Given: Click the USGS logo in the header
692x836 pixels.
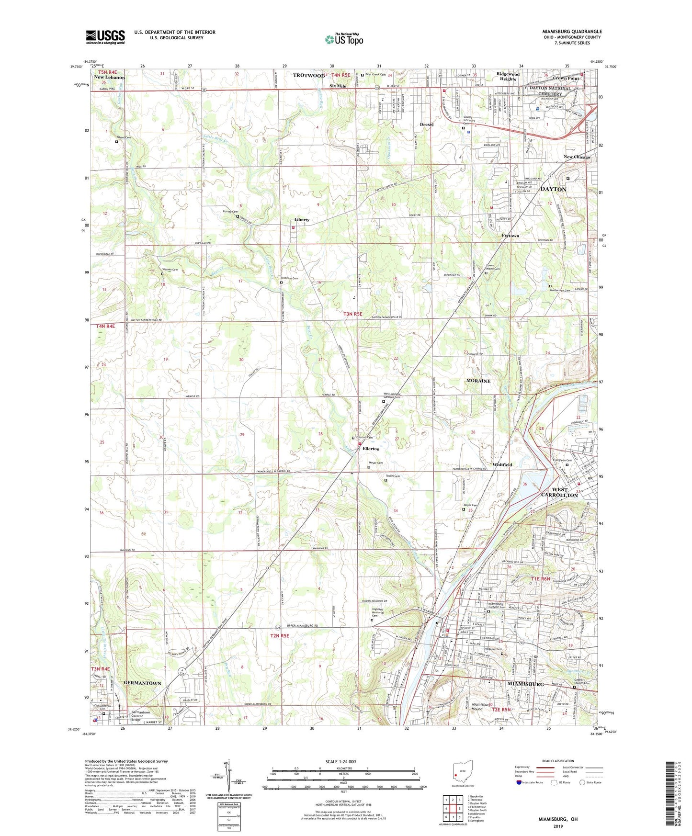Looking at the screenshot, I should [105, 36].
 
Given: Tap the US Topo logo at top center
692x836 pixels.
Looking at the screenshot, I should [344, 39].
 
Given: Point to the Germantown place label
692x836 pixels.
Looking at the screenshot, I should [142, 683].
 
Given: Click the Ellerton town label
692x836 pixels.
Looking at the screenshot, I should [371, 449].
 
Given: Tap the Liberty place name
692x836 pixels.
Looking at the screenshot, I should [302, 220].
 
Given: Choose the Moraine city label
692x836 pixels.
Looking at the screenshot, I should [478, 381].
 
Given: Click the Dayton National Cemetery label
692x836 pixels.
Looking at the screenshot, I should [550, 91].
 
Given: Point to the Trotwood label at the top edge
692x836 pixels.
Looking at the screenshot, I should [308, 76].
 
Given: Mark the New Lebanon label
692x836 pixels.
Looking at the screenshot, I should [109, 78].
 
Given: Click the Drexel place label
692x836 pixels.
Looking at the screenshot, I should [426, 124].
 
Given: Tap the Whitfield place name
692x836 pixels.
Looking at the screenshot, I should [502, 465].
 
